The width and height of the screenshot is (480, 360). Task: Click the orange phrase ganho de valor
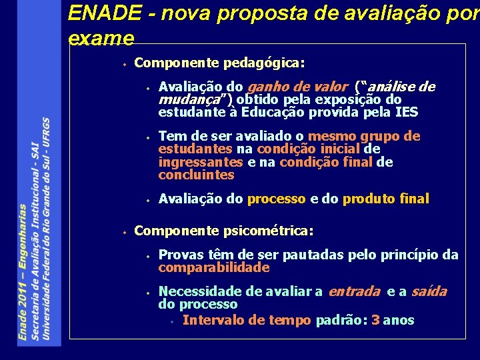[x=297, y=87]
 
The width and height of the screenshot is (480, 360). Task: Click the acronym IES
[x=407, y=112]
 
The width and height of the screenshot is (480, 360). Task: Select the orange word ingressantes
[x=201, y=162]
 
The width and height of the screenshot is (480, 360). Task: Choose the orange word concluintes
[x=196, y=175]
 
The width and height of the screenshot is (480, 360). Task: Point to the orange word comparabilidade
[x=213, y=267]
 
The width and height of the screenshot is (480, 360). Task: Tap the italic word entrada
[x=353, y=291]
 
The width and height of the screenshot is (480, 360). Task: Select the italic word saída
[x=429, y=291]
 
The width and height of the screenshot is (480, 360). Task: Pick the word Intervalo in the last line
[x=211, y=320]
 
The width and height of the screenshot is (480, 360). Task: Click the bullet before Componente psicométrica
[x=125, y=232]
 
